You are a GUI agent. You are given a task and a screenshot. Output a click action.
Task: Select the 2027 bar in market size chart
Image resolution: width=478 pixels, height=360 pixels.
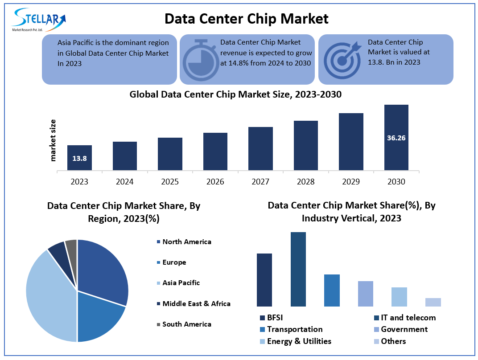tap(260, 148)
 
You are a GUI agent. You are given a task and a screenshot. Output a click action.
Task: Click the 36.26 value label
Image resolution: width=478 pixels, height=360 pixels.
tap(396, 138)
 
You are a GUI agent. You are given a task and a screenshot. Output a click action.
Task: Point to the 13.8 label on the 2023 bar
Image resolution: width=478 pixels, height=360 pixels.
tap(79, 158)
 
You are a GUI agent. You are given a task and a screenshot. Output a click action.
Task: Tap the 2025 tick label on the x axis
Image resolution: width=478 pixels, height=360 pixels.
tap(170, 182)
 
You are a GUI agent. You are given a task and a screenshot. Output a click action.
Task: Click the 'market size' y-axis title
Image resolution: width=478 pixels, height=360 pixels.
tap(54, 140)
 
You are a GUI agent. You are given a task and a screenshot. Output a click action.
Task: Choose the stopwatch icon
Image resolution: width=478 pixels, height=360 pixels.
tap(200, 59)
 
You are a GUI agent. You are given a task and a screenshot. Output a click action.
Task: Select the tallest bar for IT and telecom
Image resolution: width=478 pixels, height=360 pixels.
tap(298, 269)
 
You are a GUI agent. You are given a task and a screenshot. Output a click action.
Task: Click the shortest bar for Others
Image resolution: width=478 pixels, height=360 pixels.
tap(433, 302)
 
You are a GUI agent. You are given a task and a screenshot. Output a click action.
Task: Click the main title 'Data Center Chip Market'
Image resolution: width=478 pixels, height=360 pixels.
tap(246, 19)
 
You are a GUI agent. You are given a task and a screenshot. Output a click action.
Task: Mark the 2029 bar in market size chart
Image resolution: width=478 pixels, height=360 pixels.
tap(351, 141)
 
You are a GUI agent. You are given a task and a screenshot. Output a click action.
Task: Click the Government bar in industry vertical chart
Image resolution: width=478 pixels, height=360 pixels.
tap(366, 294)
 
